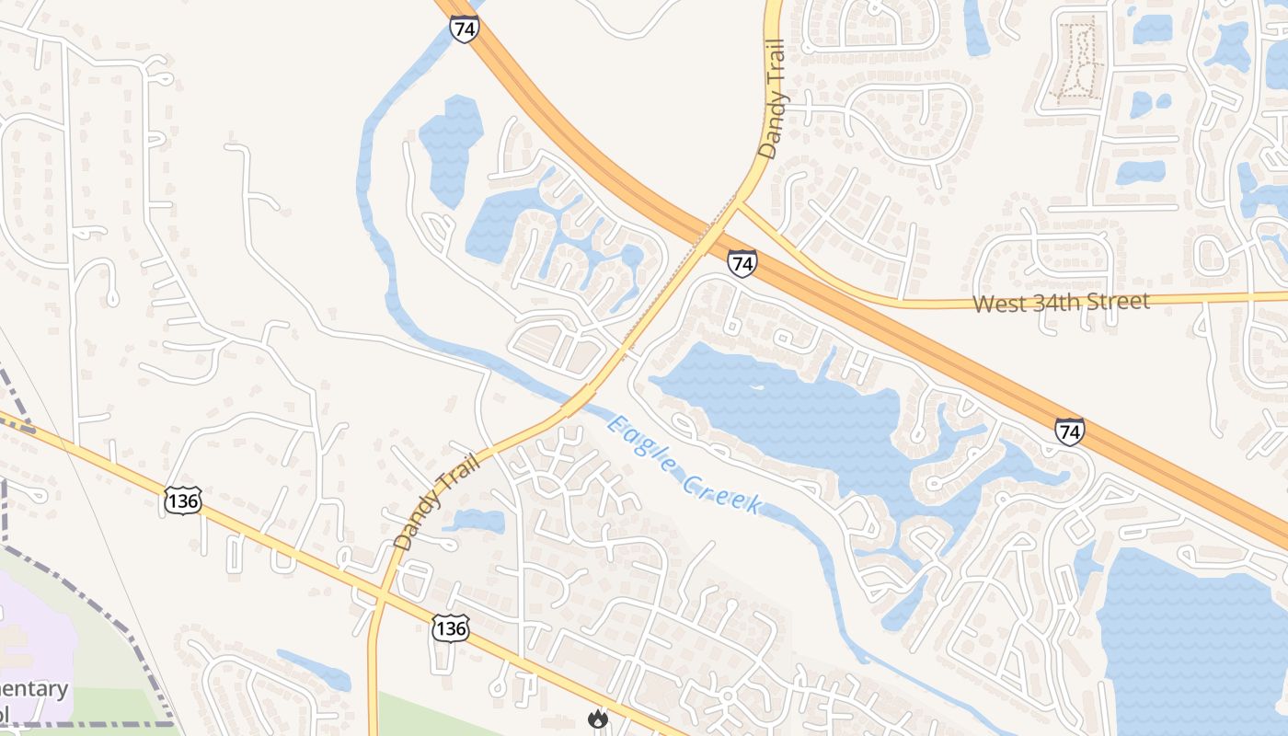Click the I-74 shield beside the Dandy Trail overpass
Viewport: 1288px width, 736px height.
742,263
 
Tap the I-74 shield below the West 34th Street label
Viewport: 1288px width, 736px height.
1069,431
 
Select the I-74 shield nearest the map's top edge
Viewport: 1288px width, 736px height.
465,28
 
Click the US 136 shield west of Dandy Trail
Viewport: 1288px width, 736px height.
182,500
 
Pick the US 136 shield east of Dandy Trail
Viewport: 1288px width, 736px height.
450,627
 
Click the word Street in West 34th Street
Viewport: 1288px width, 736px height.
1118,301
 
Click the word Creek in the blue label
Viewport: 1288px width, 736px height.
728,490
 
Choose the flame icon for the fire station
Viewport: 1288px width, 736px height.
599,719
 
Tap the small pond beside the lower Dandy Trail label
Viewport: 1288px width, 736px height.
477,522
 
